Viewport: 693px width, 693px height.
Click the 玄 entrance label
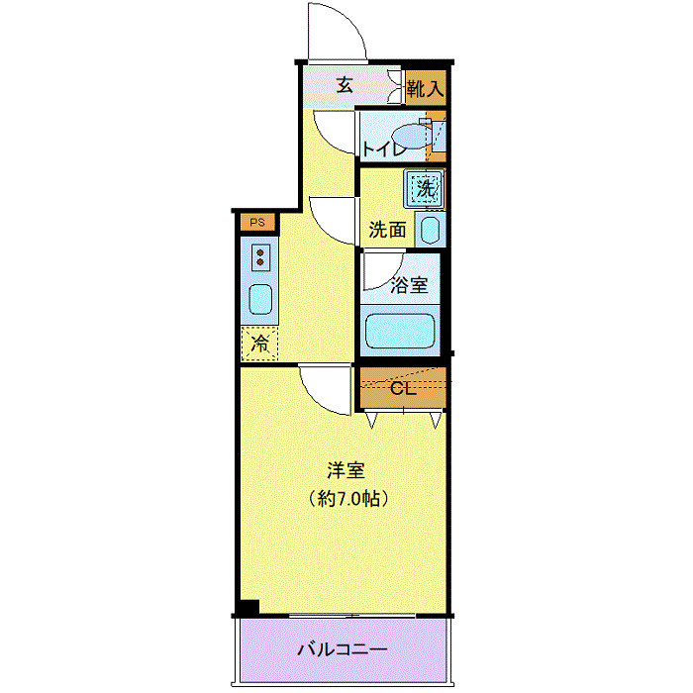(345, 85)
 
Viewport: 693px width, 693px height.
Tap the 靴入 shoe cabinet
(426, 87)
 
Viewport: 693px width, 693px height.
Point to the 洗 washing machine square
(425, 185)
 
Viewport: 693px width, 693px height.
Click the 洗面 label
(387, 230)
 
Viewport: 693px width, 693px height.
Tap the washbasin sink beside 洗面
(430, 230)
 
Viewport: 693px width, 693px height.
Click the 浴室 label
(408, 285)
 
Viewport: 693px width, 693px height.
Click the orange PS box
(256, 222)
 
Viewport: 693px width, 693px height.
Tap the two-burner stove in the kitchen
(261, 256)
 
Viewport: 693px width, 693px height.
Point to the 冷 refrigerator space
(260, 344)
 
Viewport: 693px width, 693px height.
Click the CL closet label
(401, 387)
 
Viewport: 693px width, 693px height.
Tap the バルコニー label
(343, 650)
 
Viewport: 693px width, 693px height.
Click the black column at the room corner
(248, 607)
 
